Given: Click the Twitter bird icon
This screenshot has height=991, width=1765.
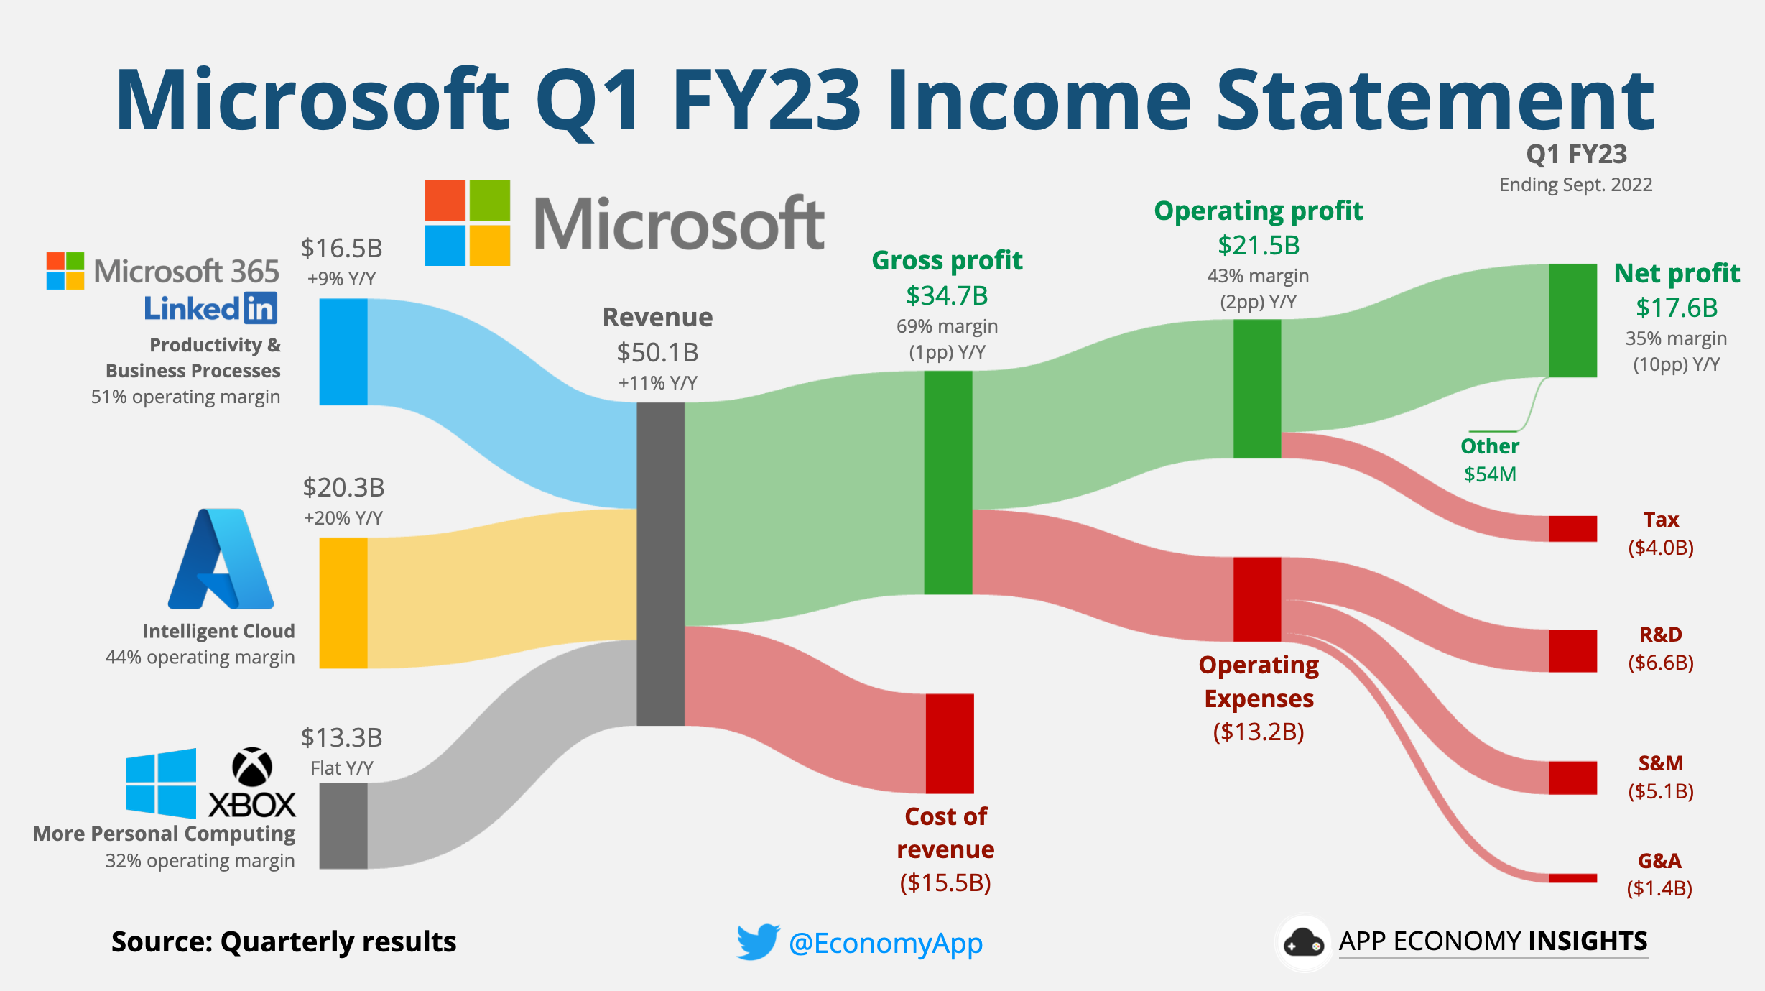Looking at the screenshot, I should (758, 941).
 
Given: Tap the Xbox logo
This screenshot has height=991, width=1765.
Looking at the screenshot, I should (252, 783).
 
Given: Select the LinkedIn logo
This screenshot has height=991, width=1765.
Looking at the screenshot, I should (210, 308).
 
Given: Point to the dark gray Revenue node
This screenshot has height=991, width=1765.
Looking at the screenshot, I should (660, 563).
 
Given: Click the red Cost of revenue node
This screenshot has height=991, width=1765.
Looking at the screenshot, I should (949, 743).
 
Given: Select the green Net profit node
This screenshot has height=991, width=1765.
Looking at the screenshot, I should (1572, 321).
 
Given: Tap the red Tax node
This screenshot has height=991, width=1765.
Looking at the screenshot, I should (1572, 528).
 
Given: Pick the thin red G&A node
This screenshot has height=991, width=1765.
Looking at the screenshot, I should (1572, 877).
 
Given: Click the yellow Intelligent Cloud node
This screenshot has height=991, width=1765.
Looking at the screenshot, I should (343, 603).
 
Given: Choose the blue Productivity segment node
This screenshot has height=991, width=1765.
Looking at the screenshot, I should (343, 351).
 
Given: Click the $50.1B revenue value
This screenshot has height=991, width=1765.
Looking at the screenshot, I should (657, 353).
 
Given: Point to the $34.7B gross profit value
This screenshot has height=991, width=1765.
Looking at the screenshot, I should (947, 295).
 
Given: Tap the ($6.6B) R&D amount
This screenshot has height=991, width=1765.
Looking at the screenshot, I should (1660, 663).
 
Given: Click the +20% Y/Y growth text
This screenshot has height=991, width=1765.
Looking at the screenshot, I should (343, 518).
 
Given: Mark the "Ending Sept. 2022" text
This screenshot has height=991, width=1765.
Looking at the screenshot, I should (1575, 185).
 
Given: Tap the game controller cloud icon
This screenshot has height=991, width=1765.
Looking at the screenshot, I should (1303, 943).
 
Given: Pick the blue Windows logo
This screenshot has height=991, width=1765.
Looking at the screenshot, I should (160, 783).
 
